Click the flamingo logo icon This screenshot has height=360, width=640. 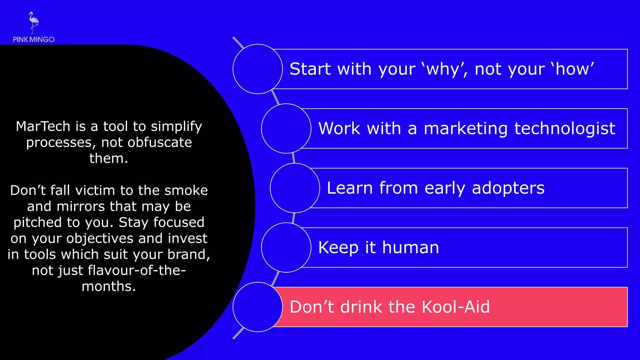point(33,22)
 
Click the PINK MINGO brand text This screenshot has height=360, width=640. point(34,40)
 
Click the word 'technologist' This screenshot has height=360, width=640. point(565,128)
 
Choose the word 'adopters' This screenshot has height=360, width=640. point(508,188)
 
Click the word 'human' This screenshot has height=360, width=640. point(411,247)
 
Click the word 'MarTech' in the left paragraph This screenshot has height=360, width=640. point(43,127)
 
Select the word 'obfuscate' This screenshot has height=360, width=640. point(160,142)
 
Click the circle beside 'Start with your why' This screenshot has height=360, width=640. point(258,69)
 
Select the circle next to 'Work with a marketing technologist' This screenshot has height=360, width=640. point(286,128)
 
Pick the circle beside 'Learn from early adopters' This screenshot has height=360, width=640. point(295,188)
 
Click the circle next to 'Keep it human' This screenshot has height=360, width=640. point(286,247)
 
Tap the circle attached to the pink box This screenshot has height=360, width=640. point(258,307)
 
